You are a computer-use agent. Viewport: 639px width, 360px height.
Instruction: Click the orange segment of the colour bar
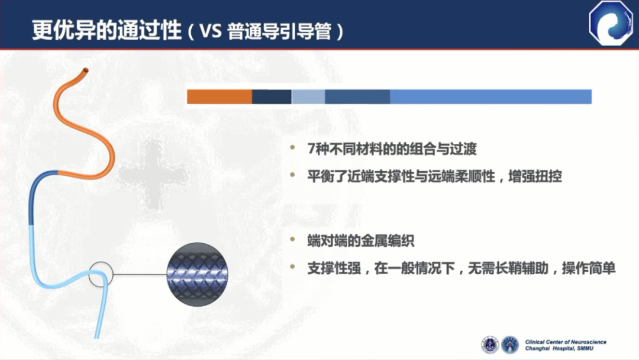pos(220,97)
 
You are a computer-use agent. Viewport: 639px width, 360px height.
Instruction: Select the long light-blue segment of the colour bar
pos(490,97)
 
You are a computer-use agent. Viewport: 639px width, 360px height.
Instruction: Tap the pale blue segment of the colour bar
pos(308,97)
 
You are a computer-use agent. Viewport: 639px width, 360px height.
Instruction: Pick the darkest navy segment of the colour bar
pos(272,97)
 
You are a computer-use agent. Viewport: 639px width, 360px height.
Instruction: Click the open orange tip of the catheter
pos(86,70)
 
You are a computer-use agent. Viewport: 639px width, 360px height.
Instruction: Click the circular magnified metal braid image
pos(197,274)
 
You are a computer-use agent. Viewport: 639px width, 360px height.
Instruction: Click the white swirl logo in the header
pos(611,23)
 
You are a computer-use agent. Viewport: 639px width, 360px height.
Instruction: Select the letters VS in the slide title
pos(211,31)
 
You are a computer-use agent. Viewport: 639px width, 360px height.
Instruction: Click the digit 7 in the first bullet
pos(311,149)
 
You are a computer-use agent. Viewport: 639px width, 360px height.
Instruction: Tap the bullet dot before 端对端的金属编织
pos(292,240)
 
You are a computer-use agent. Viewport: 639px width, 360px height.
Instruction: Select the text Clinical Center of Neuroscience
pos(566,342)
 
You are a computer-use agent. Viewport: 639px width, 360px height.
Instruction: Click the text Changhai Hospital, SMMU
pos(559,349)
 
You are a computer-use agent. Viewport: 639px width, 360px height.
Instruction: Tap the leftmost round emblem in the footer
pos(490,345)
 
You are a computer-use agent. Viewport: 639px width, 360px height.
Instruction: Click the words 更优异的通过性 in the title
pos(106,30)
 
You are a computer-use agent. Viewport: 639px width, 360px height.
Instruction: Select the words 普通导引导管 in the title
pos(279,31)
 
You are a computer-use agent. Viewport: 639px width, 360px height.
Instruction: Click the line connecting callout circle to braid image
pos(140,274)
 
